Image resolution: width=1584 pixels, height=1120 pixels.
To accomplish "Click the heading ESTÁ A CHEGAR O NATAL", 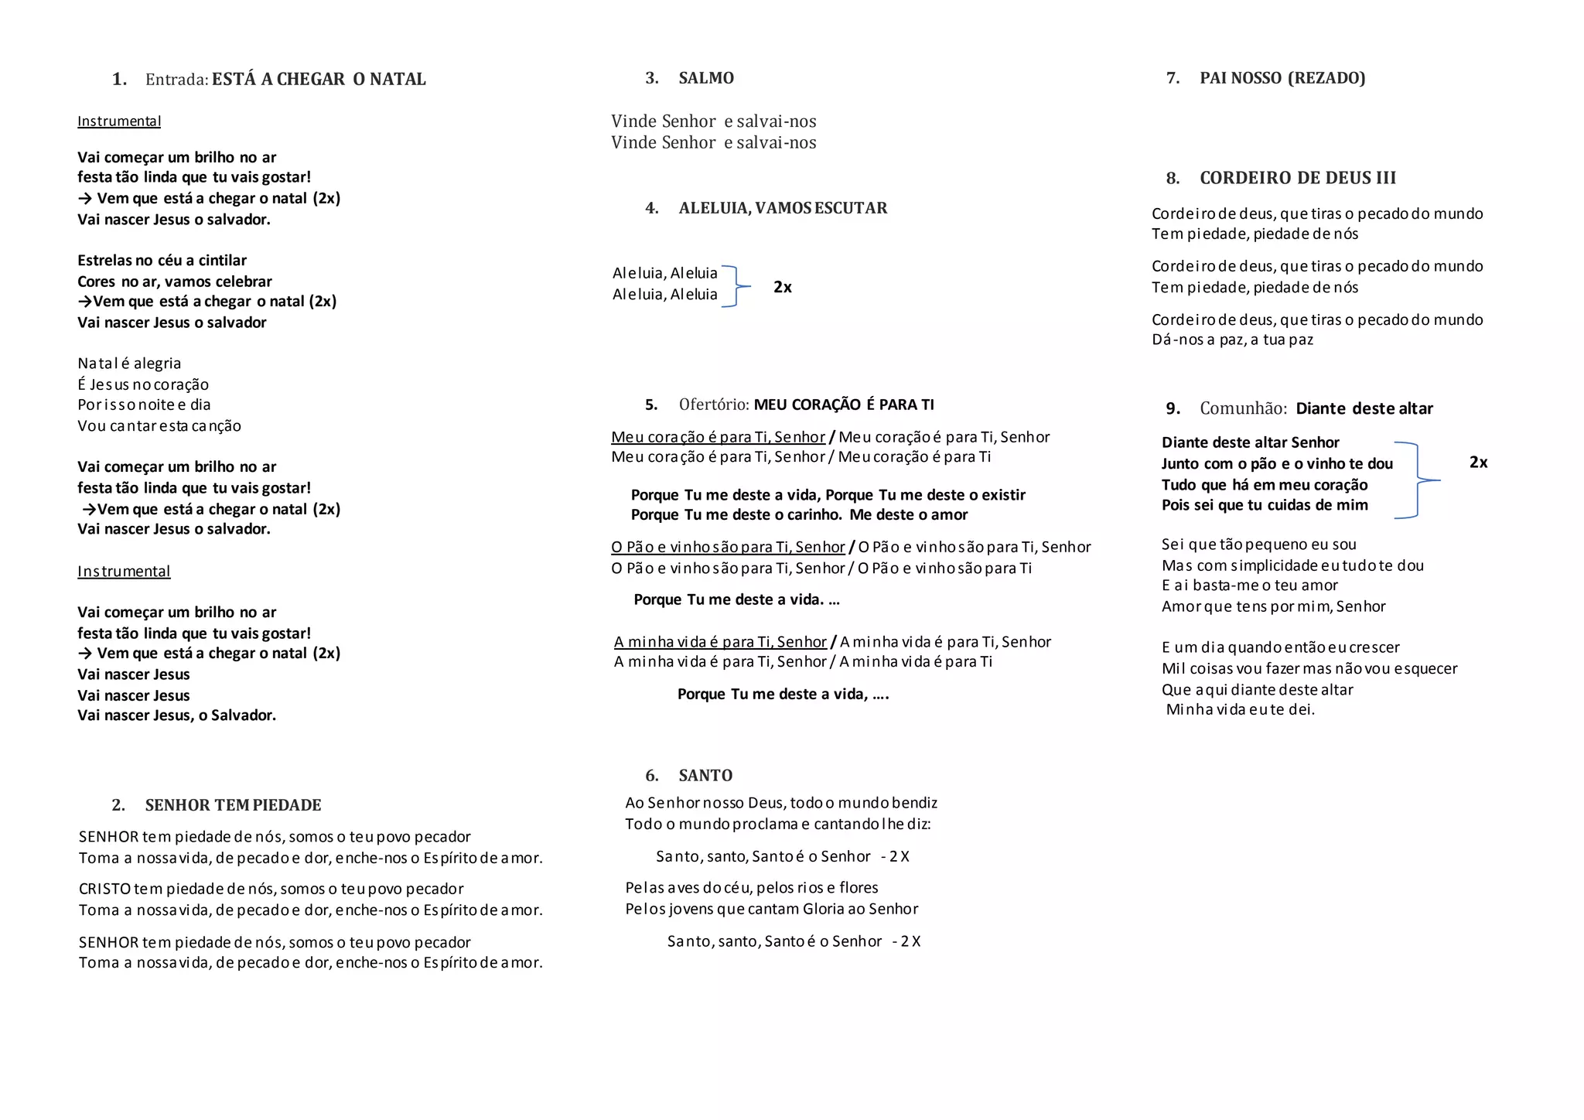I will [x=319, y=79].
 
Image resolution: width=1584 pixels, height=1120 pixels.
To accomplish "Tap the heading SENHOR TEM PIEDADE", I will [x=233, y=805].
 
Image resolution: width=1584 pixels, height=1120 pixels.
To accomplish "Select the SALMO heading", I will [x=706, y=78].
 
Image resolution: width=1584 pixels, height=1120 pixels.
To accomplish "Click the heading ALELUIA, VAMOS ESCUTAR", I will [x=783, y=208].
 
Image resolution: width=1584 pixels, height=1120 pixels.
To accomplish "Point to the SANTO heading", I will [x=705, y=776].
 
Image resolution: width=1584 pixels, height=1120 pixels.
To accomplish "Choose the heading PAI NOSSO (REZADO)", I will [x=1282, y=78].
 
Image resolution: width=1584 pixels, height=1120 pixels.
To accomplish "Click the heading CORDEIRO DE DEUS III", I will [x=1298, y=178].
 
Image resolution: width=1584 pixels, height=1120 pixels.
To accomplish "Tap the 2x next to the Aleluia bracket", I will [x=783, y=287].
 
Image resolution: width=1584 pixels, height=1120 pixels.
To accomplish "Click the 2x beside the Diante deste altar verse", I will [x=1478, y=463].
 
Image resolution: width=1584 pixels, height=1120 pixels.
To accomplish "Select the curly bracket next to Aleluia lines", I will [x=736, y=286].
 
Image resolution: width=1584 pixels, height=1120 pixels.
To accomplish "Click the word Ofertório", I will [x=713, y=405].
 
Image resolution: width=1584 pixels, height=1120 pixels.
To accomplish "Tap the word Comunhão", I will [x=1243, y=408].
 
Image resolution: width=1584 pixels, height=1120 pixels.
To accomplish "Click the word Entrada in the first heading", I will [x=176, y=79].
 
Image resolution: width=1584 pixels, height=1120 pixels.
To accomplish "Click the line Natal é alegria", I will [x=129, y=364].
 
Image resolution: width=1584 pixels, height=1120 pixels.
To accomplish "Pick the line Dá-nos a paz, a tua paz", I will [x=1232, y=340].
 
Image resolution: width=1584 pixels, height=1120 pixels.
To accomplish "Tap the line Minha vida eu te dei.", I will [x=1240, y=709].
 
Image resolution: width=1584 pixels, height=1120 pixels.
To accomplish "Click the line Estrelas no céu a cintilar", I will [x=162, y=261].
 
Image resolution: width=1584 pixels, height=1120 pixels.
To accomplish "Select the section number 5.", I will [x=651, y=405].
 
